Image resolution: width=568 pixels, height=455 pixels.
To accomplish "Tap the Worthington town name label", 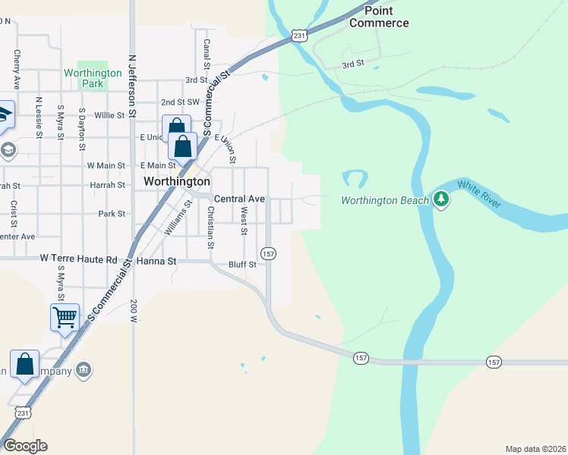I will tap(176, 182).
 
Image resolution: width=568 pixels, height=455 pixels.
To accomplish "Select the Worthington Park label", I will tap(93, 78).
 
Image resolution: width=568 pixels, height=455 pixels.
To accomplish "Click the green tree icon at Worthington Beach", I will tap(442, 199).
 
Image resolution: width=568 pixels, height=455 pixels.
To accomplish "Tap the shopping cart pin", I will tap(65, 317).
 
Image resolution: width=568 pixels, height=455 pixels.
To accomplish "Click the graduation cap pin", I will tap(4, 114).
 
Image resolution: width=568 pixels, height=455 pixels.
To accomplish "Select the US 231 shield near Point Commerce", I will tap(301, 35).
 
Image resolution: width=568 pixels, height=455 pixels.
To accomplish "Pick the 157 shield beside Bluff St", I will tap(268, 253).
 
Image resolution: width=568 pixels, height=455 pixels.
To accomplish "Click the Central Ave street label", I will tap(239, 199).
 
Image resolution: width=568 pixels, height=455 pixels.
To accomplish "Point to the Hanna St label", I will tap(156, 261).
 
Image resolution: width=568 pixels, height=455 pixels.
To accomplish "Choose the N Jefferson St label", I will tap(131, 84).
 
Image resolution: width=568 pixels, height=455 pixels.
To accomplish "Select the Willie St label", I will tap(109, 115).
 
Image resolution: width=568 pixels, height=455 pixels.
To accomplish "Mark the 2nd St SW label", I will tap(179, 102).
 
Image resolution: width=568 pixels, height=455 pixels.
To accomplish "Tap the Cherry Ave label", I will tap(16, 70).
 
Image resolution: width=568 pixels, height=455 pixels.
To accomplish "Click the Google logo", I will tap(25, 446).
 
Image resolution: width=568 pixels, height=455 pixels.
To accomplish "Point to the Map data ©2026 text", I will tap(535, 449).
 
